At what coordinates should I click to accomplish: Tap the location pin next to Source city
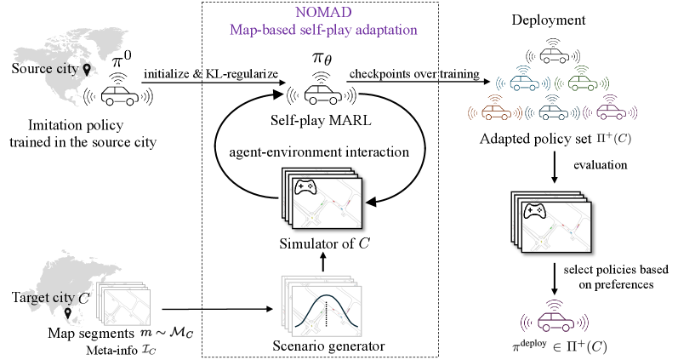[x=86, y=68]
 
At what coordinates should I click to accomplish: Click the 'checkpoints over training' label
[x=416, y=74]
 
